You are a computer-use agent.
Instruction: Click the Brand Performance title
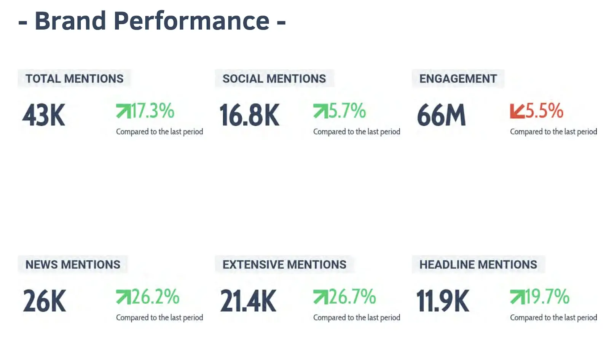coord(152,21)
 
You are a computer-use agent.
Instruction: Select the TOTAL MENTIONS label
coord(74,79)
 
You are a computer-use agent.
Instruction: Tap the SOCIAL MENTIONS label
coord(274,79)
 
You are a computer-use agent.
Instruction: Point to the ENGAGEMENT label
coord(458,79)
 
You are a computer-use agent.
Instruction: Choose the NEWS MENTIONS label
coord(73,264)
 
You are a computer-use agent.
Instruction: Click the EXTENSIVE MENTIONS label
coord(284,264)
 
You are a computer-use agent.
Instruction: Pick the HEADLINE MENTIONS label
coord(478,264)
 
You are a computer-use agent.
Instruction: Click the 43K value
coord(44,115)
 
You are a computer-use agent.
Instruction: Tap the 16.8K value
coord(249,115)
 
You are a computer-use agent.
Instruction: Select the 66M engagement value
coord(442,115)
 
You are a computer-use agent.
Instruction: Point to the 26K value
coord(45,301)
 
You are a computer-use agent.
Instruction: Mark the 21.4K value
coord(249,301)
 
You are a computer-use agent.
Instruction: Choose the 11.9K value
coord(443,301)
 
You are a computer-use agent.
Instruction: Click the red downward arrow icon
coord(517,111)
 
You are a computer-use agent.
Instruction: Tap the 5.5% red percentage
coord(544,111)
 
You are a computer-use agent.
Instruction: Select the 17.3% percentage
coord(153,111)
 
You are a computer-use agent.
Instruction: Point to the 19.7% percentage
coord(547,297)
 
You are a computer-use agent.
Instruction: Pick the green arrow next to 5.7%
coord(320,111)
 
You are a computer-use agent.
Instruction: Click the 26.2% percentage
coord(155,297)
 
